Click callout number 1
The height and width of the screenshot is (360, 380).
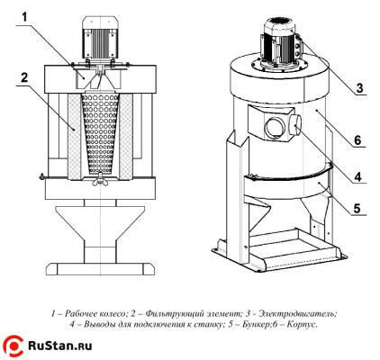(x=24, y=17)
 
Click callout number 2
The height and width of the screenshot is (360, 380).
(x=24, y=77)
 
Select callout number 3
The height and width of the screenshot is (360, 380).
(x=360, y=88)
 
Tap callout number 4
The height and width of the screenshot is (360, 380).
(x=357, y=176)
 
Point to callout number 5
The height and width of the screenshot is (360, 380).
(x=357, y=208)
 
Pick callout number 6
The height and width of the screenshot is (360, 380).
(x=357, y=140)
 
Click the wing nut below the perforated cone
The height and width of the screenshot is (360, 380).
(x=98, y=180)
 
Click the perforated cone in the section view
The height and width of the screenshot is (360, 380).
(x=100, y=133)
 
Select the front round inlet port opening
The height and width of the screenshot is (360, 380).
(x=274, y=128)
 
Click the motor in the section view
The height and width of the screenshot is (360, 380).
(x=100, y=37)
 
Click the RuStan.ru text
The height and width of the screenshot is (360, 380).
(x=60, y=346)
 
